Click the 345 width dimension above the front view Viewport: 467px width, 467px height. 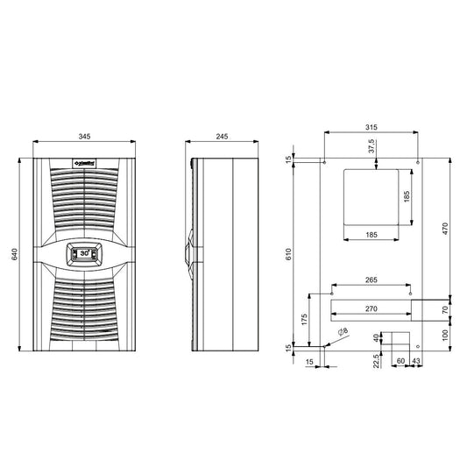click(x=84, y=138)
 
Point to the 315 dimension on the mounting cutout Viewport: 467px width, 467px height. click(x=372, y=126)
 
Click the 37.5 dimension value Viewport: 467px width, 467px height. click(x=371, y=147)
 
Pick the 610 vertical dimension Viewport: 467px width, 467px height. click(x=288, y=254)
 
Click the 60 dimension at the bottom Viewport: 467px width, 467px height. click(x=400, y=360)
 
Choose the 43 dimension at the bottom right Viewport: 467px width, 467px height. click(x=416, y=360)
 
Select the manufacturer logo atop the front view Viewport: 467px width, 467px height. click(x=84, y=162)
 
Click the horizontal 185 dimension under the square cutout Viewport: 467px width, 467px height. click(x=371, y=235)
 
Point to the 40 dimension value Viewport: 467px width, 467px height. click(x=378, y=337)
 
